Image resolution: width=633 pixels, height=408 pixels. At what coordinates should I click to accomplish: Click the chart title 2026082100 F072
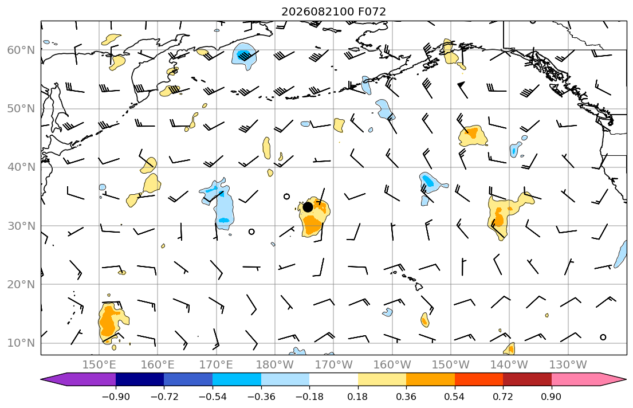tap(333, 11)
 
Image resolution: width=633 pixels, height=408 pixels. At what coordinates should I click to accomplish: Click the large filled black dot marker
tap(308, 207)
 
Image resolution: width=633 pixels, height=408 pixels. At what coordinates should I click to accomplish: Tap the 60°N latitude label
tap(21, 50)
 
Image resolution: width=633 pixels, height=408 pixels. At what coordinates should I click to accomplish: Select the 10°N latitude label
tap(21, 343)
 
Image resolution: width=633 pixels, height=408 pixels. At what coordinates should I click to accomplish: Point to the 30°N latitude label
tap(21, 226)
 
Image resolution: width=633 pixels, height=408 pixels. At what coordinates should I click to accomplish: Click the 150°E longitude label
tap(99, 365)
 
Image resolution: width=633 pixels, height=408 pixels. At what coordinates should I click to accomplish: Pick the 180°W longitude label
tap(276, 365)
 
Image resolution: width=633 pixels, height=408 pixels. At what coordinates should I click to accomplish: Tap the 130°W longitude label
tap(568, 365)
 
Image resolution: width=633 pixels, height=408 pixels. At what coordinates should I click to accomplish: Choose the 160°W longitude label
tap(392, 365)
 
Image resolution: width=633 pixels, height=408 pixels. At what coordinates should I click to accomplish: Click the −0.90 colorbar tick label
tap(116, 397)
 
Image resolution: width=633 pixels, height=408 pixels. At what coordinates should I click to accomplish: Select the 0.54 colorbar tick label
tap(455, 397)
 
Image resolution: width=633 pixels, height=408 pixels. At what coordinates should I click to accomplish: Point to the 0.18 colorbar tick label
tap(357, 397)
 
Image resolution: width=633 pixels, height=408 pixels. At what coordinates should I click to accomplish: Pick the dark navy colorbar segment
tap(140, 379)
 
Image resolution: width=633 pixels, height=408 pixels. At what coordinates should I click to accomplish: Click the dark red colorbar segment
tap(527, 379)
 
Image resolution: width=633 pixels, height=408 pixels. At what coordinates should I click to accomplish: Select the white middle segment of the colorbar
tap(333, 379)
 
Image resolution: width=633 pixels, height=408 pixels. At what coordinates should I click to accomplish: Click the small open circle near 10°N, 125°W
tap(603, 338)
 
